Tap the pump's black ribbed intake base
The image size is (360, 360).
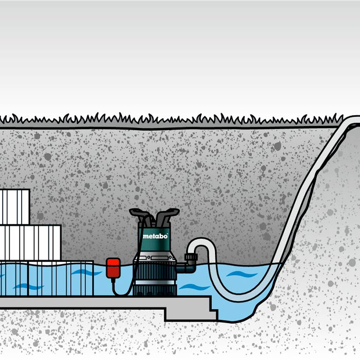point(154,288)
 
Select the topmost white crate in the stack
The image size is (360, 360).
point(14,207)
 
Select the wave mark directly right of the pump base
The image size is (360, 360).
point(188,286)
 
